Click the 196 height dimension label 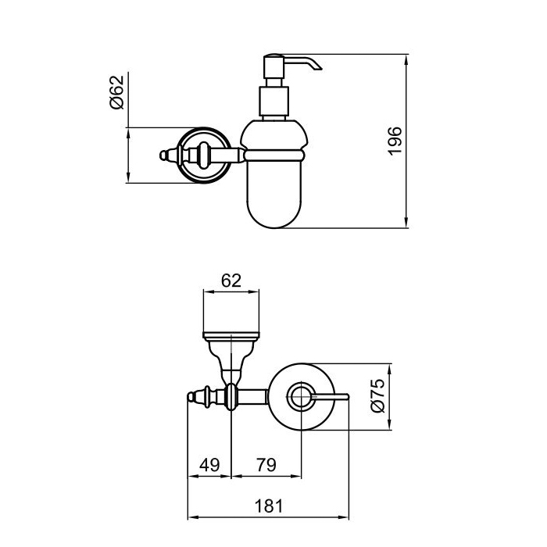[395, 141]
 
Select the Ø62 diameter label [116, 92]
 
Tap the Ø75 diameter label [377, 395]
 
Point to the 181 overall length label [269, 506]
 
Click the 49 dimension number [209, 465]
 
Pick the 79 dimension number [266, 465]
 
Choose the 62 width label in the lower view [231, 281]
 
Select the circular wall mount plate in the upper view [204, 155]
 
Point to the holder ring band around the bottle [274, 156]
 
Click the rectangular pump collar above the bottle [273, 102]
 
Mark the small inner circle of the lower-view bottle [301, 396]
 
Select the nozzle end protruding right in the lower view [347, 397]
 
